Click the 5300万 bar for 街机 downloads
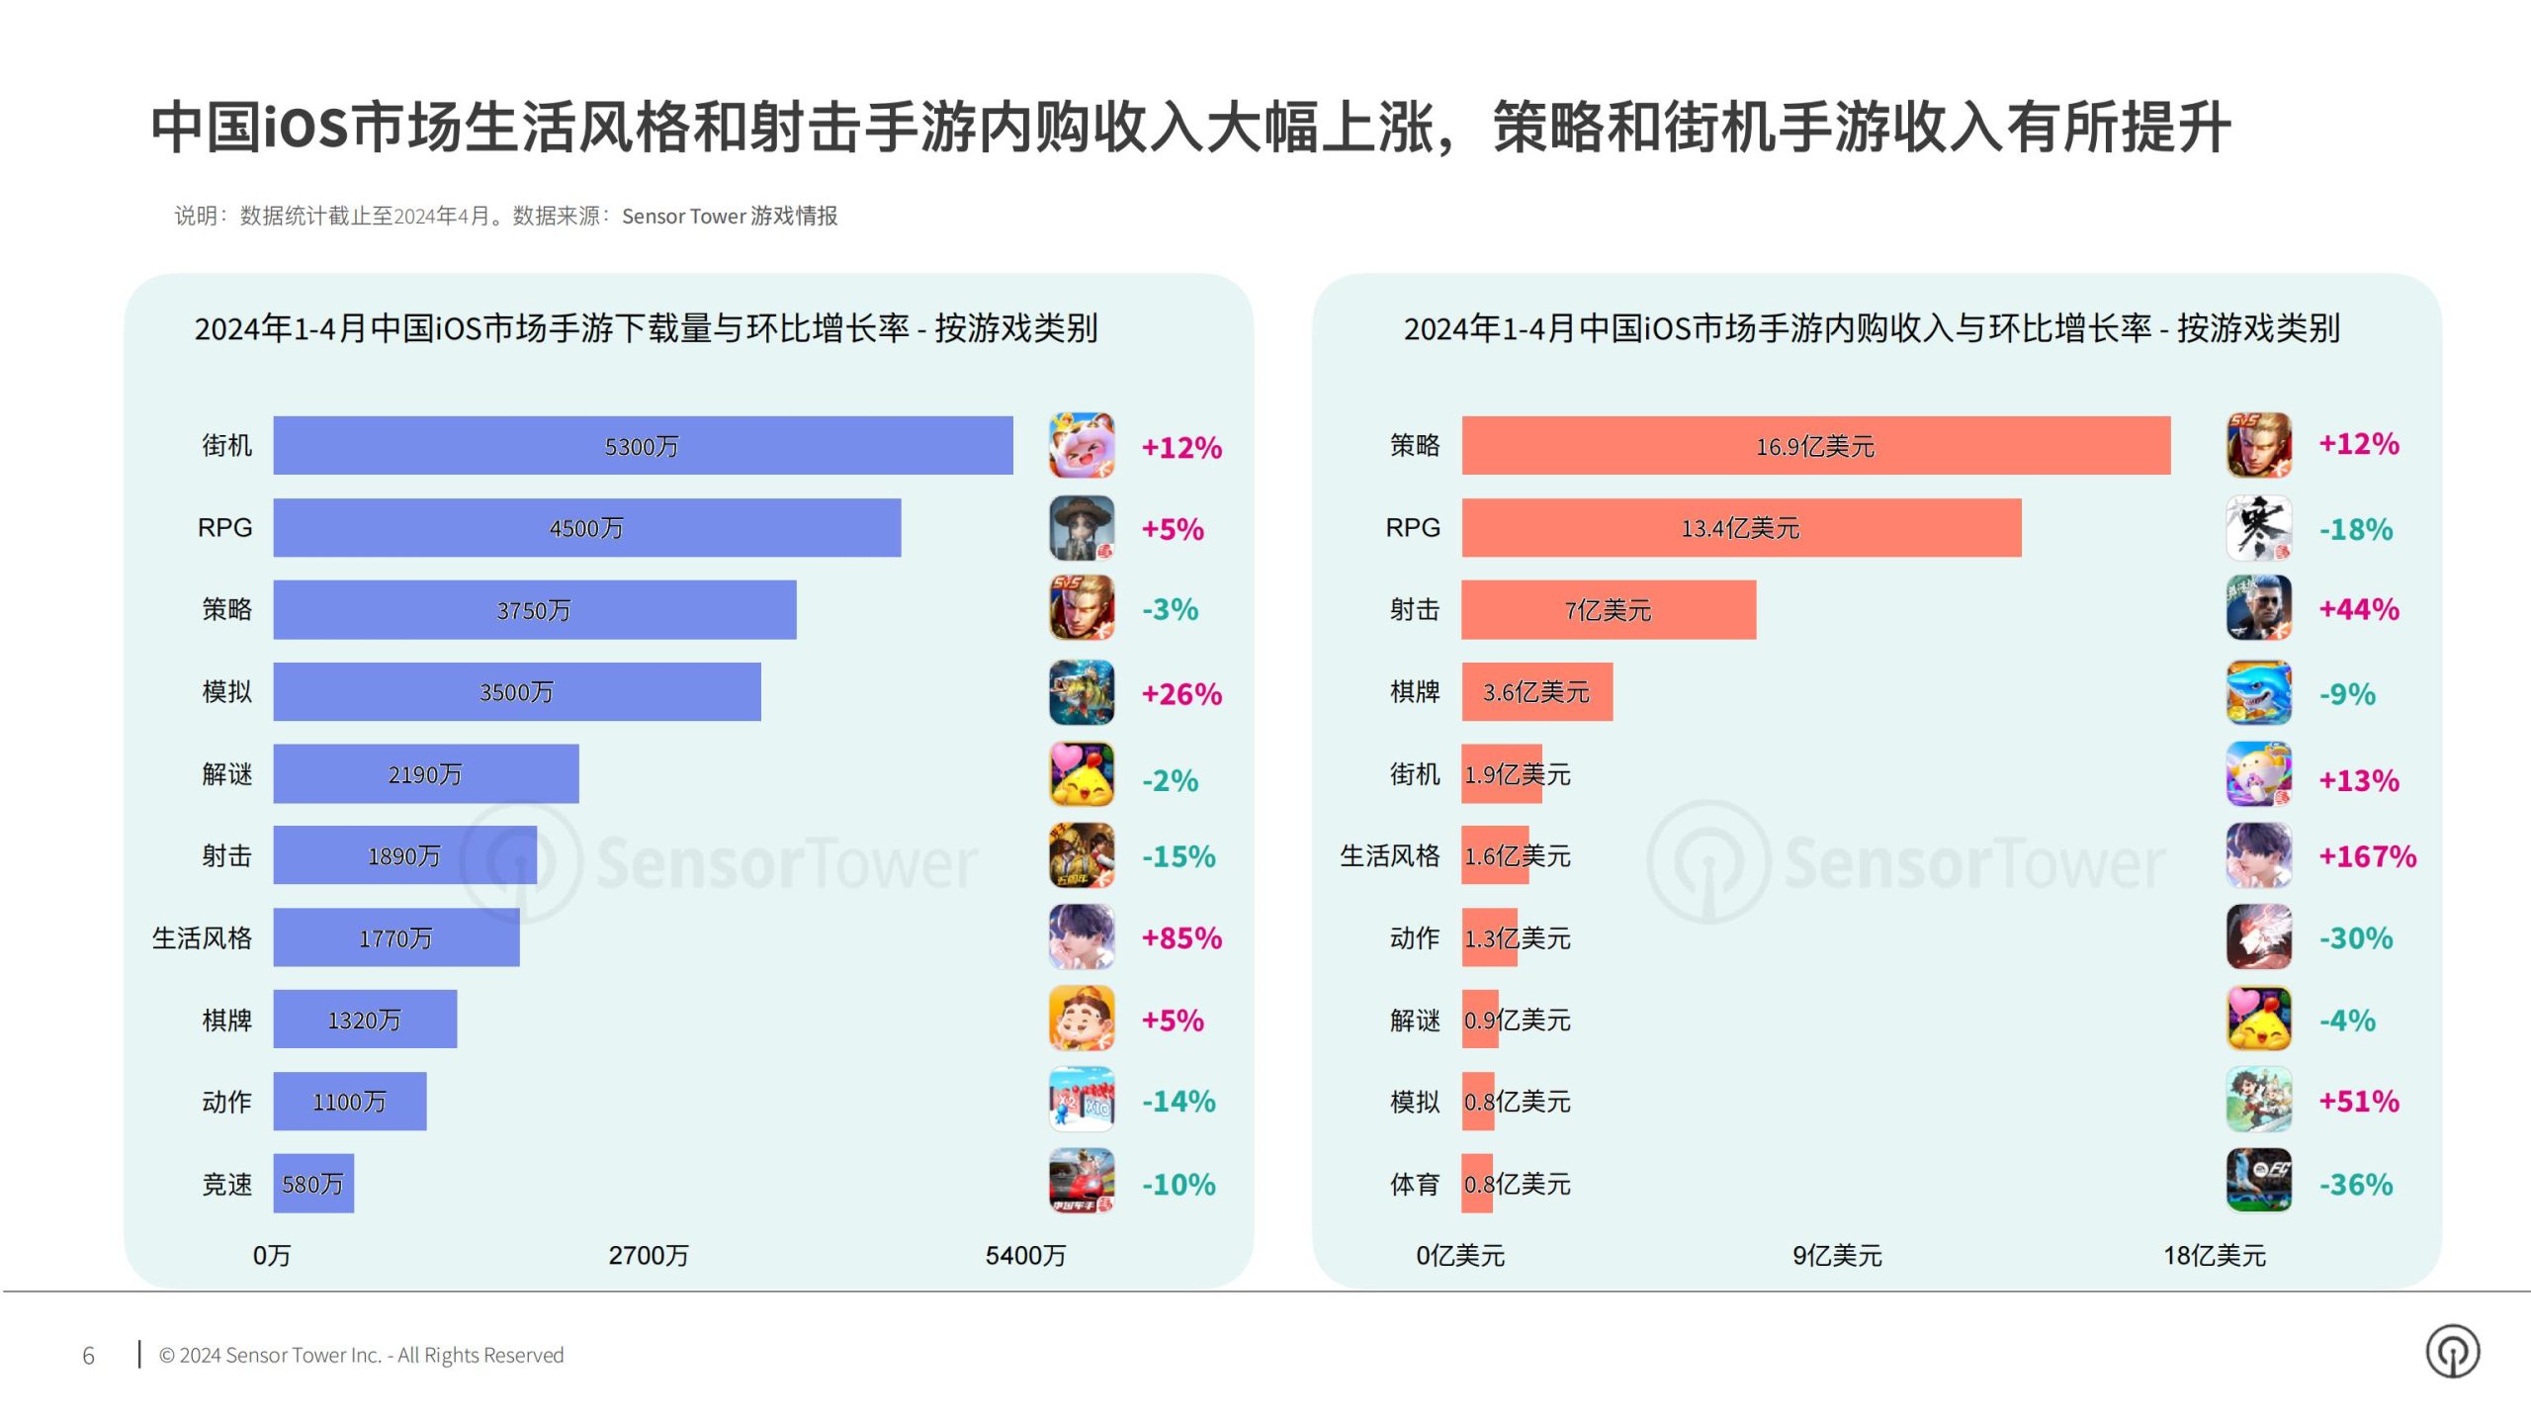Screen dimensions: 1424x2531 point(643,446)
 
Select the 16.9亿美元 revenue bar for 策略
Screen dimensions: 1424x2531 point(1815,446)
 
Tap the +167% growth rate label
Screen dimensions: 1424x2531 point(2367,856)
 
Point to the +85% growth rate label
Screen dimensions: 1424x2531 point(1181,938)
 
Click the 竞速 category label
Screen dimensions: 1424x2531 point(226,1184)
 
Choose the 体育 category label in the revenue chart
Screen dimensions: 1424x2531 point(1414,1184)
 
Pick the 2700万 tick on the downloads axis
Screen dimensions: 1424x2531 point(649,1256)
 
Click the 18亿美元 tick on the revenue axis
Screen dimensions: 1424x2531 point(2214,1256)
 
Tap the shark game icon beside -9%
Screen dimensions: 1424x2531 point(2258,692)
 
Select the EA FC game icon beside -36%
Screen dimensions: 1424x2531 point(2258,1180)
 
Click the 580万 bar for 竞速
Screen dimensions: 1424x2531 point(313,1184)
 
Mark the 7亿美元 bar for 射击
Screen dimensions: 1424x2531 point(1608,610)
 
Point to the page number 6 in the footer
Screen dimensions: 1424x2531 point(88,1356)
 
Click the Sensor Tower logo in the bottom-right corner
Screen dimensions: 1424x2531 point(2452,1352)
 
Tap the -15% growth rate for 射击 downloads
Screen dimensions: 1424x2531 point(1178,856)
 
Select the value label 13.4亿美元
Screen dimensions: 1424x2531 point(1740,528)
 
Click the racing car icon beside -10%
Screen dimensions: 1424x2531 point(1081,1180)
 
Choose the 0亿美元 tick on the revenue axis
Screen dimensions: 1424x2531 point(1459,1256)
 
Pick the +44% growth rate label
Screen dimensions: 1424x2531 point(2359,609)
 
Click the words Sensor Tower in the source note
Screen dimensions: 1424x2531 point(683,217)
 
